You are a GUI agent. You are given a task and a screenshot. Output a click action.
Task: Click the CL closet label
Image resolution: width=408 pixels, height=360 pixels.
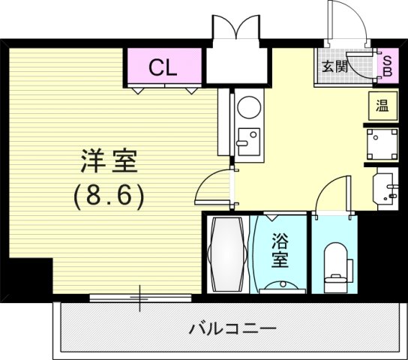coord(162,68)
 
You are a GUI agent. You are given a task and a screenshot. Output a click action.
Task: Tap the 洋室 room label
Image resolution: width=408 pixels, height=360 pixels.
coord(109,162)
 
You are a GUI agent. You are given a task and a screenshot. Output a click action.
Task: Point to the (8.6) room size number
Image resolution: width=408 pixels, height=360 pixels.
coord(109,196)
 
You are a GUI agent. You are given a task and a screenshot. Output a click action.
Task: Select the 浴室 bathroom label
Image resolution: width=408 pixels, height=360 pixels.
coord(280,250)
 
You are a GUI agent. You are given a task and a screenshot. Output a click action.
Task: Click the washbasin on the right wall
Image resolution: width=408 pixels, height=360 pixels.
coord(386,187)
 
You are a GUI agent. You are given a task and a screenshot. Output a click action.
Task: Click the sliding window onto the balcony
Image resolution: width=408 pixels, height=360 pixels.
coord(140,298)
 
